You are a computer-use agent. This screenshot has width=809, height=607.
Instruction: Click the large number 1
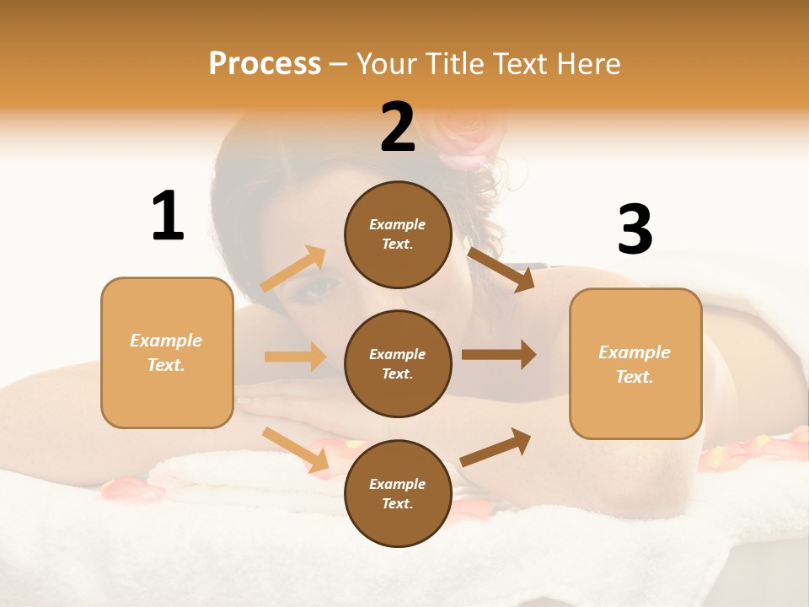(x=168, y=217)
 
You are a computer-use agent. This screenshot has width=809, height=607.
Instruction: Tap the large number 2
(x=398, y=127)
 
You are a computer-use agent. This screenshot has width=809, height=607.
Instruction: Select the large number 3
(x=635, y=230)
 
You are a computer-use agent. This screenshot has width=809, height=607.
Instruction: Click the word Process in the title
(x=265, y=63)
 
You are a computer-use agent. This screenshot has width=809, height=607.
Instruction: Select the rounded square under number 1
(x=167, y=352)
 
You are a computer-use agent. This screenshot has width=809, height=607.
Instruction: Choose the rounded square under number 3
(x=635, y=363)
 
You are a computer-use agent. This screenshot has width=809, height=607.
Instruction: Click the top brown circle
(x=398, y=234)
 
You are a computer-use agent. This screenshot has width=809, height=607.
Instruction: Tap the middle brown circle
(x=398, y=363)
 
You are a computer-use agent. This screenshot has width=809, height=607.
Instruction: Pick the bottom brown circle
(x=398, y=493)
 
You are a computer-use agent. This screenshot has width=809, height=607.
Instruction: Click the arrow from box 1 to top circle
(x=293, y=269)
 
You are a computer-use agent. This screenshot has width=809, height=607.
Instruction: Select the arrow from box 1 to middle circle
(x=295, y=357)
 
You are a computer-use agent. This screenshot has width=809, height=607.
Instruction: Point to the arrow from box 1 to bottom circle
(x=295, y=449)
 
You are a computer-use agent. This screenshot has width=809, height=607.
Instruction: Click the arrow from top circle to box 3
(x=501, y=269)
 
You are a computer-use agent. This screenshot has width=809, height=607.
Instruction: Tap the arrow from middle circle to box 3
(x=499, y=355)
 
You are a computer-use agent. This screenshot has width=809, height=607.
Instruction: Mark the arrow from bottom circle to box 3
(x=496, y=447)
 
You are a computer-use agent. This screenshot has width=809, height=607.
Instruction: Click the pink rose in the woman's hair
(x=463, y=135)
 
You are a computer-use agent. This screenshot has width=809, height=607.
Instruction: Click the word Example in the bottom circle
(x=397, y=484)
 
